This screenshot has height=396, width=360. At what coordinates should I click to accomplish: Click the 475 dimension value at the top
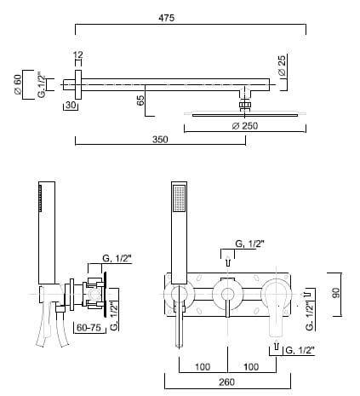(166, 18)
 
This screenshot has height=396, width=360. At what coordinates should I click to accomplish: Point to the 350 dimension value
(160, 140)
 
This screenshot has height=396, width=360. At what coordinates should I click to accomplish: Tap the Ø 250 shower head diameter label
(245, 126)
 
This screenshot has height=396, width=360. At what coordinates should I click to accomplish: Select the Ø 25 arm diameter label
(283, 65)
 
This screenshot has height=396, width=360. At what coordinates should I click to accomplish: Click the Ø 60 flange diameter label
(17, 84)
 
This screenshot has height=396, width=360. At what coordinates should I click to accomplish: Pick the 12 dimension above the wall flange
(78, 55)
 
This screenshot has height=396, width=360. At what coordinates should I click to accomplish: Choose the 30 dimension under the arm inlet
(71, 105)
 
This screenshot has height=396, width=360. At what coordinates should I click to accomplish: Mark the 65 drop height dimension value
(140, 100)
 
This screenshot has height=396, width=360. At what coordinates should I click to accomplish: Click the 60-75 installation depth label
(89, 328)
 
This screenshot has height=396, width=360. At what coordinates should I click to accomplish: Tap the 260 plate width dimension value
(226, 382)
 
